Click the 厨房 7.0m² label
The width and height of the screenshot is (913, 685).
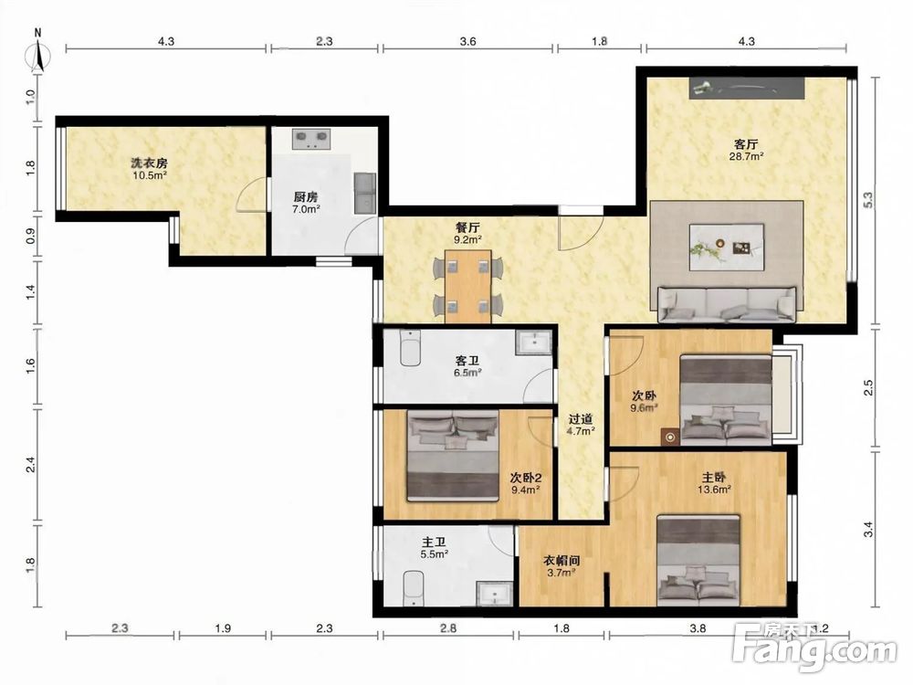click(x=306, y=203)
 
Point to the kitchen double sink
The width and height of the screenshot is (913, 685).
click(x=365, y=192)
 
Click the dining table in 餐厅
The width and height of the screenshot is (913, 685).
click(x=468, y=286)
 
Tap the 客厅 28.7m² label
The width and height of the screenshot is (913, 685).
click(x=746, y=150)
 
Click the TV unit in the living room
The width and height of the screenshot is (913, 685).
click(x=748, y=88)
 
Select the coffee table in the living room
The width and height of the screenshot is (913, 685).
click(x=726, y=247)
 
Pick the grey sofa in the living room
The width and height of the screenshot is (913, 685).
click(x=727, y=303)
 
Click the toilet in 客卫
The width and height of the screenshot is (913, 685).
click(x=411, y=348)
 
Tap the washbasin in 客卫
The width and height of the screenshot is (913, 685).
click(x=533, y=342)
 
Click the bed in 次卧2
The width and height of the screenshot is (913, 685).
click(x=453, y=456)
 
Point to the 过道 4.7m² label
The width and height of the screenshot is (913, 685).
click(x=581, y=425)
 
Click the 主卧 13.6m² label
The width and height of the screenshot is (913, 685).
click(x=715, y=483)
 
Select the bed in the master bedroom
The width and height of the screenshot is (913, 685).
click(x=698, y=560)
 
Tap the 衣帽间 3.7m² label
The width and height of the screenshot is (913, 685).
click(x=561, y=566)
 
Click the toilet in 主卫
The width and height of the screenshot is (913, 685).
click(x=413, y=588)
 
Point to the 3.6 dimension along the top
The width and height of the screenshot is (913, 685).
click(x=467, y=41)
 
